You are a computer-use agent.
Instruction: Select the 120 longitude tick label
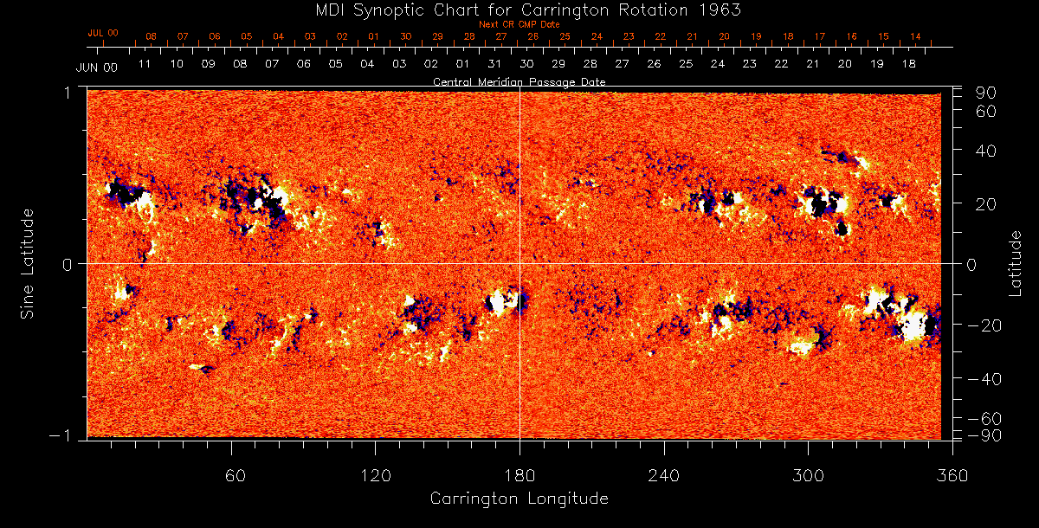(375, 476)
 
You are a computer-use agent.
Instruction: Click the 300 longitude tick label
(808, 476)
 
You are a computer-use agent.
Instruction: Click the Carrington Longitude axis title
(519, 499)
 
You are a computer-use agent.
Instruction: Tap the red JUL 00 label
(102, 33)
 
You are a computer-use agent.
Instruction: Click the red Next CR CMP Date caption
(519, 25)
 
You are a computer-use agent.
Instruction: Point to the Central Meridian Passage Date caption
(519, 81)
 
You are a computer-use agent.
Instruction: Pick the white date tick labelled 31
(494, 64)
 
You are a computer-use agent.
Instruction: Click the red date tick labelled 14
(915, 36)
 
